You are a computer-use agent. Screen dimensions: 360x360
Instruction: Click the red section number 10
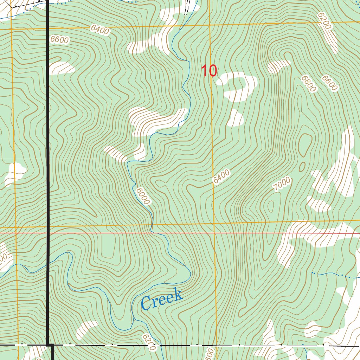pyautogui.click(x=209, y=71)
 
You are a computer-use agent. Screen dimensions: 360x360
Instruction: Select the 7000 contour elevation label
pyautogui.click(x=282, y=184)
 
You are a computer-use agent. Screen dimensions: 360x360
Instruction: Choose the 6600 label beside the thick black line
pyautogui.click(x=59, y=40)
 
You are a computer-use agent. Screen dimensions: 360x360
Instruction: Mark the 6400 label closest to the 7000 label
pyautogui.click(x=221, y=176)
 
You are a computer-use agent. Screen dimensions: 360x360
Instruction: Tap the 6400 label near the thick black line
pyautogui.click(x=99, y=30)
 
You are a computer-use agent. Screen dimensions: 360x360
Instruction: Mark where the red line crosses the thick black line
pyautogui.click(x=48, y=233)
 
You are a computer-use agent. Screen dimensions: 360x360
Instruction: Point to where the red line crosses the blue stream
pyautogui.click(x=152, y=233)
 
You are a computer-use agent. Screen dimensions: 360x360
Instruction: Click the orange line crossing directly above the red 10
pyautogui.click(x=210, y=25)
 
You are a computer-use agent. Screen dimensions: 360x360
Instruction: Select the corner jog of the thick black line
pyautogui.click(x=50, y=345)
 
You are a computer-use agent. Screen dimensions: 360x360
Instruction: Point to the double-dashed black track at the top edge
pyautogui.click(x=187, y=6)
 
